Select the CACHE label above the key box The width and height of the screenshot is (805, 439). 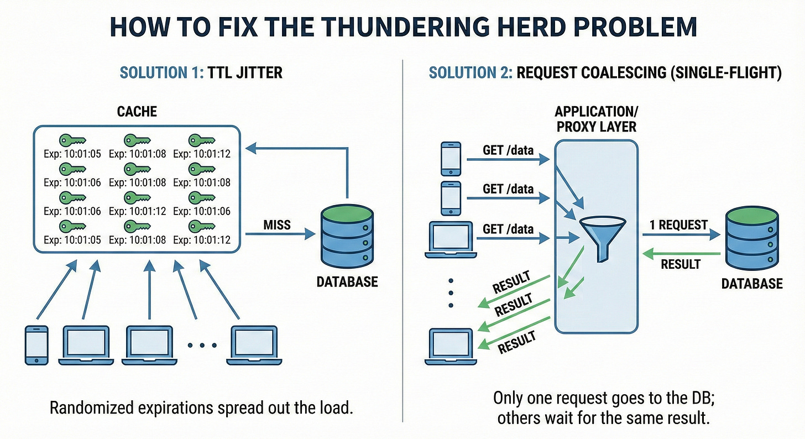click(x=137, y=112)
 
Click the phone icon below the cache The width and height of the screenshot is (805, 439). click(x=36, y=344)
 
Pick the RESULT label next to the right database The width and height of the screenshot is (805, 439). click(x=681, y=264)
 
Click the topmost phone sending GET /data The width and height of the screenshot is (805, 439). click(x=451, y=159)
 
